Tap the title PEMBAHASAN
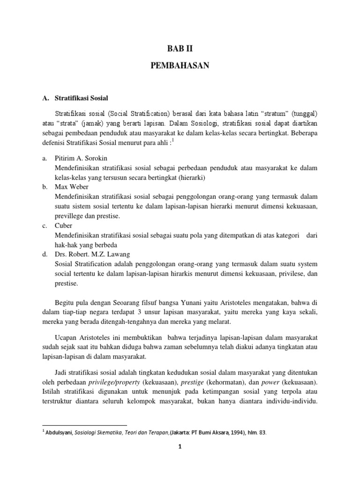[180, 67]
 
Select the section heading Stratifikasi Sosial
[82, 98]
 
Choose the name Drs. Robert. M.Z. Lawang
[89, 255]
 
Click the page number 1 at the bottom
[180, 460]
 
